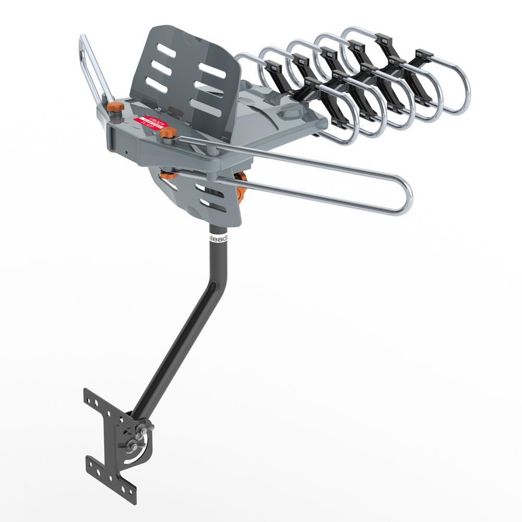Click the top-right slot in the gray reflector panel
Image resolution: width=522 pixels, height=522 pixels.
tap(212, 70)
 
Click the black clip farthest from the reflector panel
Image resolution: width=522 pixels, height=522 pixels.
tap(423, 55)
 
